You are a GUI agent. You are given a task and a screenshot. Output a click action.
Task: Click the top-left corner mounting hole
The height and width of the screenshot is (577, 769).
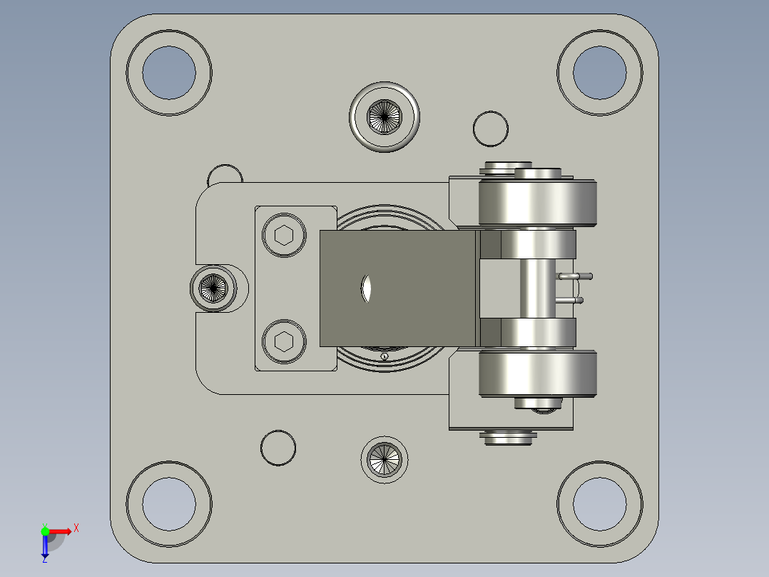tap(169, 72)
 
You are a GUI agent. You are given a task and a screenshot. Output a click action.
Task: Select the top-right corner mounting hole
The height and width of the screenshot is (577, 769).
tap(599, 72)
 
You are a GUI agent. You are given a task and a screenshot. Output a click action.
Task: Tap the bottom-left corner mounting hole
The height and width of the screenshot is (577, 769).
tap(169, 503)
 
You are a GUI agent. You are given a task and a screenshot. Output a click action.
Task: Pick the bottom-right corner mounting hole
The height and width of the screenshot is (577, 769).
tap(599, 503)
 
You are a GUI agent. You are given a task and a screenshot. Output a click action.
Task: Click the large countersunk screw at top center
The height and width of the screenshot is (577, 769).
tap(385, 116)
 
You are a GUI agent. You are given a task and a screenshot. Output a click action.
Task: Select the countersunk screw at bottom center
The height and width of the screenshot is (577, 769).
tap(385, 459)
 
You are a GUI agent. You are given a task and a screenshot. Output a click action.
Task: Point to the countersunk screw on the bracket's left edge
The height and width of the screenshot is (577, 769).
tap(213, 288)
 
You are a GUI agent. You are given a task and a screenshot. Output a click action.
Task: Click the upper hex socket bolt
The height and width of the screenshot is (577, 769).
tap(284, 235)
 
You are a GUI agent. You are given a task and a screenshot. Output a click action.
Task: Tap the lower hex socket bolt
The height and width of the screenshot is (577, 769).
tap(284, 341)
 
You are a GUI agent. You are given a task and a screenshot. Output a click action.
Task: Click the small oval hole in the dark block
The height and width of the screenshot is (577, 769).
tap(367, 288)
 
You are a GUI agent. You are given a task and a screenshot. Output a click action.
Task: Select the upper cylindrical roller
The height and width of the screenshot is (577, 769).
tap(537, 203)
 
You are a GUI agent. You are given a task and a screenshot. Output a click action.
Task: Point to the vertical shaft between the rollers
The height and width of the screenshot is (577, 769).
tap(537, 288)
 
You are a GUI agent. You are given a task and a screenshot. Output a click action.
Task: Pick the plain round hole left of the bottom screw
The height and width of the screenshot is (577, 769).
tap(278, 448)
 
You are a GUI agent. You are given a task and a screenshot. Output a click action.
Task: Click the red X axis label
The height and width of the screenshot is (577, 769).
tap(76, 528)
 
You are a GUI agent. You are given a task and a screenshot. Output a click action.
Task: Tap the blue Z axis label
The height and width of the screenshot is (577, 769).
tap(44, 560)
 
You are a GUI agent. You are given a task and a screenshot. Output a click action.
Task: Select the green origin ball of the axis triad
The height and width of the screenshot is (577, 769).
tap(45, 531)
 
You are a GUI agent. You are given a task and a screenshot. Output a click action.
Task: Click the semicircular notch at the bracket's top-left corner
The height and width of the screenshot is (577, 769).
tap(225, 174)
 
